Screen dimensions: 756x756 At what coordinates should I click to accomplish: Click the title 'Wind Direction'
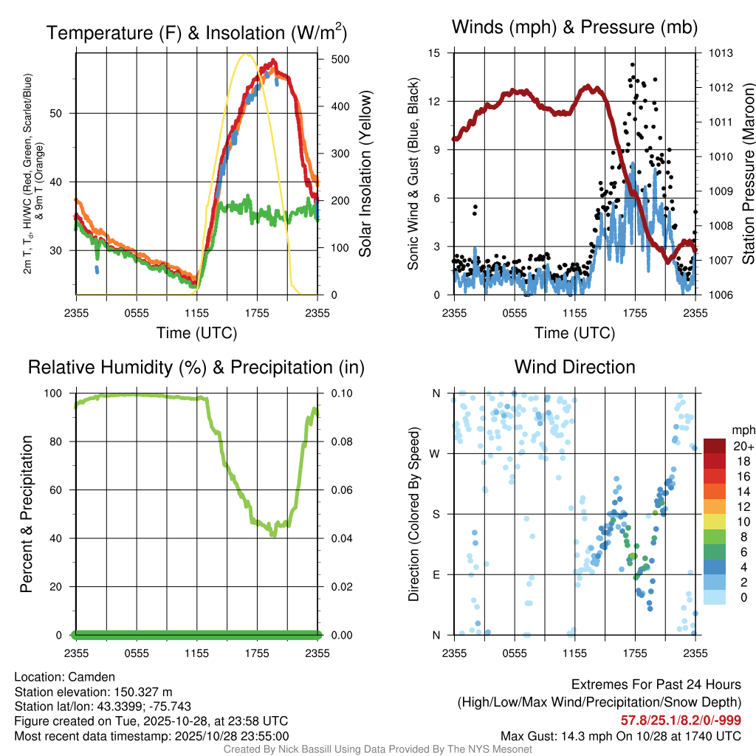click(574, 367)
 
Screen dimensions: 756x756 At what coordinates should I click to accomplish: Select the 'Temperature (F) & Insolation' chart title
click(196, 33)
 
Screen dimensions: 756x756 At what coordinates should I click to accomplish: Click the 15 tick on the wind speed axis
click(434, 53)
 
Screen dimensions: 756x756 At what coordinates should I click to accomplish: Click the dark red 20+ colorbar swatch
click(715, 446)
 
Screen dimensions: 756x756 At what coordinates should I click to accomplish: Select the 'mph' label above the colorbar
click(740, 430)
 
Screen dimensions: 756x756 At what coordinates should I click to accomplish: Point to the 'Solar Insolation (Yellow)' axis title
click(365, 174)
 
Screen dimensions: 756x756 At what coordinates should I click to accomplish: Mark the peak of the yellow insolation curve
click(247, 54)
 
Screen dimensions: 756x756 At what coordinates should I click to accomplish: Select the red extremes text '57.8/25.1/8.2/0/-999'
click(681, 721)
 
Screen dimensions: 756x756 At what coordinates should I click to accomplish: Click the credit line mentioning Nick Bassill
click(377, 749)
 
